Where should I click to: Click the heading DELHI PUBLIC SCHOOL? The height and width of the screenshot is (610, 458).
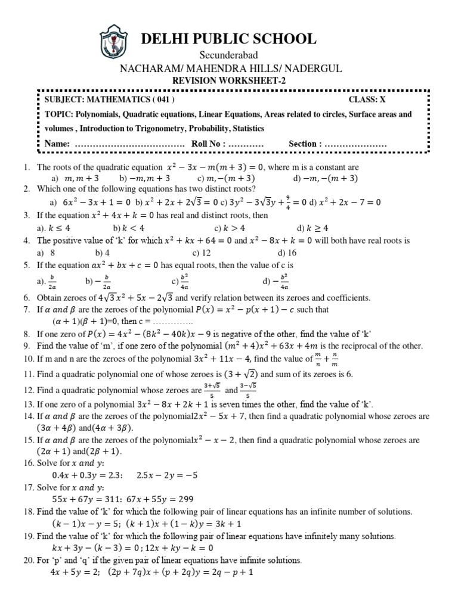pyautogui.click(x=228, y=39)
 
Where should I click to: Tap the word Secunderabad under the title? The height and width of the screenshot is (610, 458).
pyautogui.click(x=228, y=55)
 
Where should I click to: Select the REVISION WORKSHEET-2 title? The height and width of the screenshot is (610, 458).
pyautogui.click(x=228, y=80)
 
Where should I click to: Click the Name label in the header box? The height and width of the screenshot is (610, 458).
pyautogui.click(x=58, y=144)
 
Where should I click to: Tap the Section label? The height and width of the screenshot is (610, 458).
pyautogui.click(x=305, y=144)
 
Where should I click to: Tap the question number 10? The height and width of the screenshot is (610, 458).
pyautogui.click(x=29, y=359)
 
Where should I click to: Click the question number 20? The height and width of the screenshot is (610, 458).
pyautogui.click(x=29, y=561)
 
